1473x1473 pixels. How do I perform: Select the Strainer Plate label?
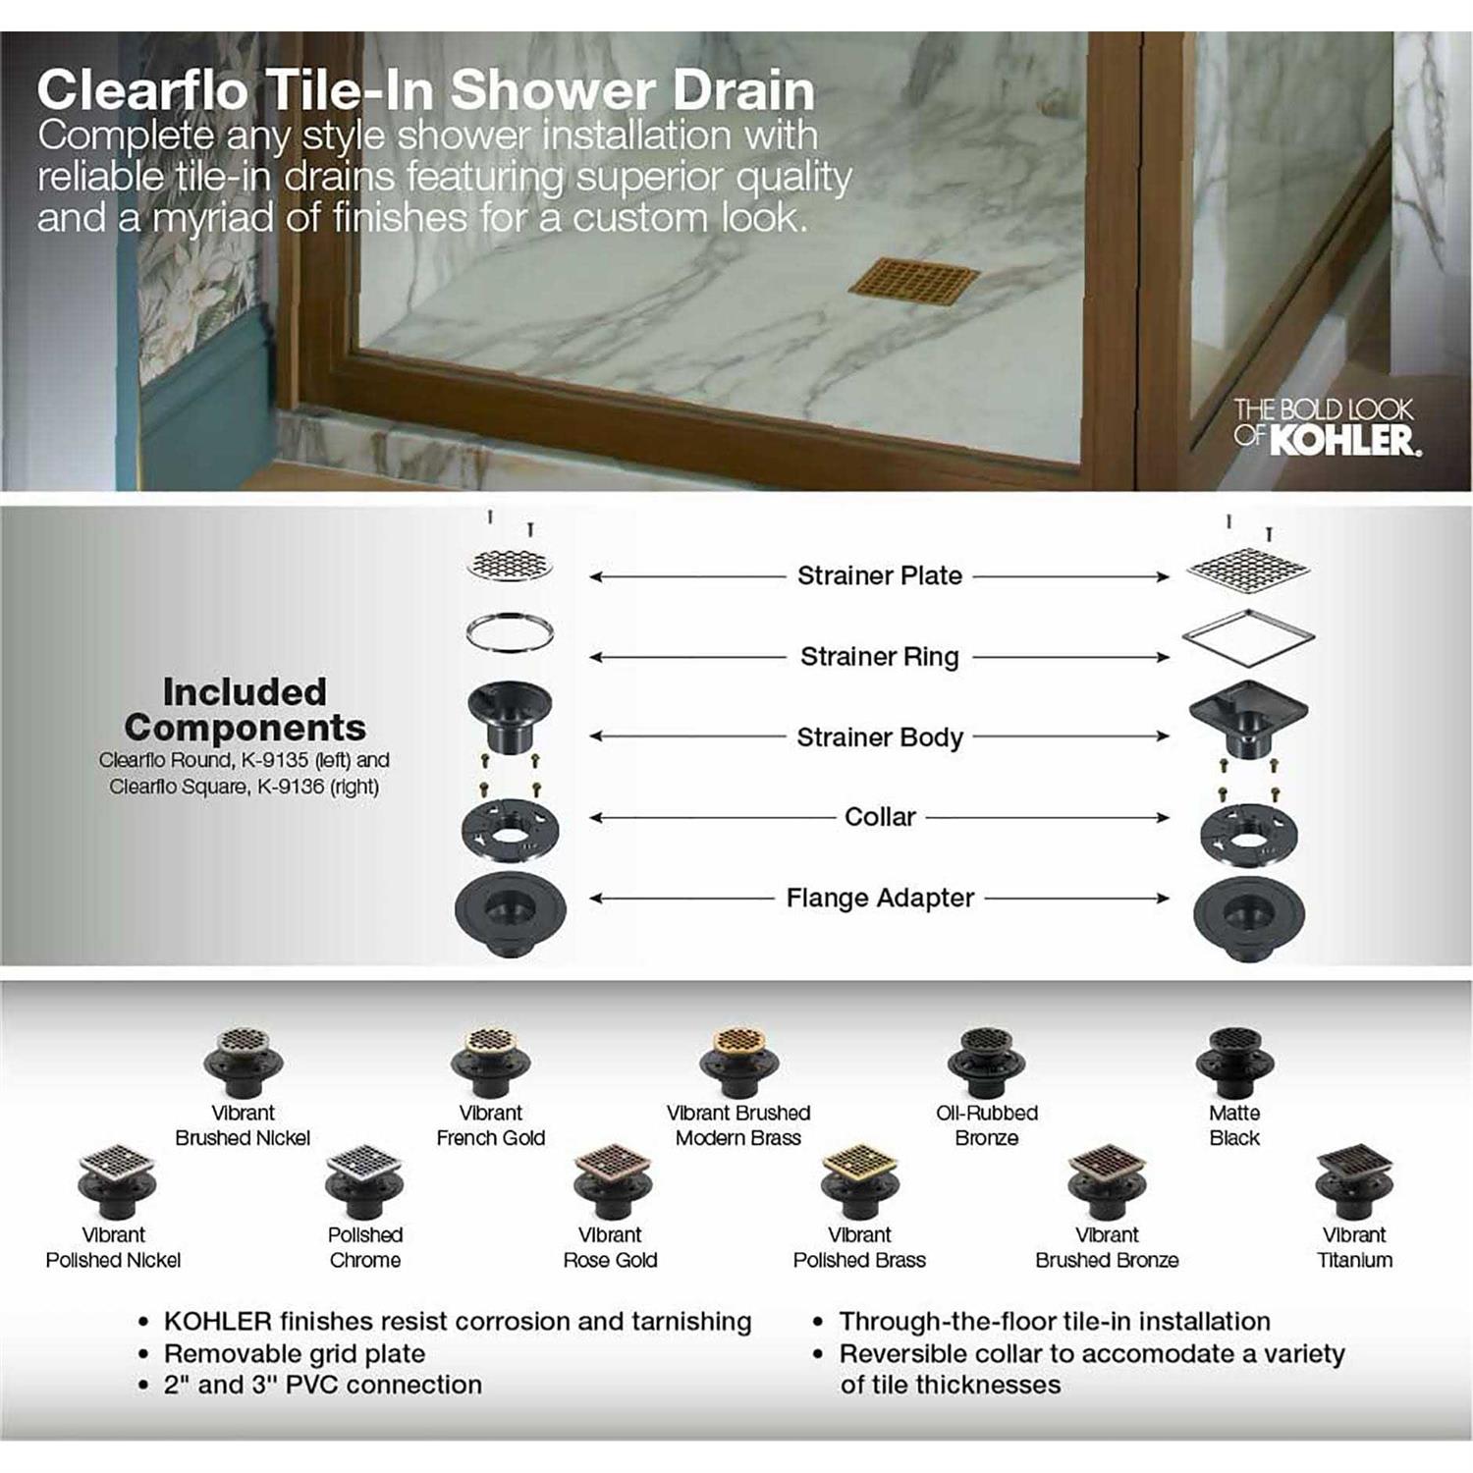click(879, 575)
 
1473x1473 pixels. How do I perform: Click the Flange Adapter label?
click(880, 898)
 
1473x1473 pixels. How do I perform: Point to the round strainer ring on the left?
click(510, 633)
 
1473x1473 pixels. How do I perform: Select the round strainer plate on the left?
click(510, 565)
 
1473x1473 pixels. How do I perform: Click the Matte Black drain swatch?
click(1234, 1063)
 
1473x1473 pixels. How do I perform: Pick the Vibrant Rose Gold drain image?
click(612, 1180)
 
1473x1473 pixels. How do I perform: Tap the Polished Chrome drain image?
click(364, 1180)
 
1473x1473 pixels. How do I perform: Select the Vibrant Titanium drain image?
click(1354, 1180)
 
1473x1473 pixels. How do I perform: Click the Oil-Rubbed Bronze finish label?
click(987, 1125)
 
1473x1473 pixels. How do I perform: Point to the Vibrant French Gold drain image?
click(490, 1063)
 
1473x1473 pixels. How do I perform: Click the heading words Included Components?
click(245, 709)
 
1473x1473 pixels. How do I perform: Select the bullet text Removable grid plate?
click(295, 1353)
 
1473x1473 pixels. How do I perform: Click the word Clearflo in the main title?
click(142, 90)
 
